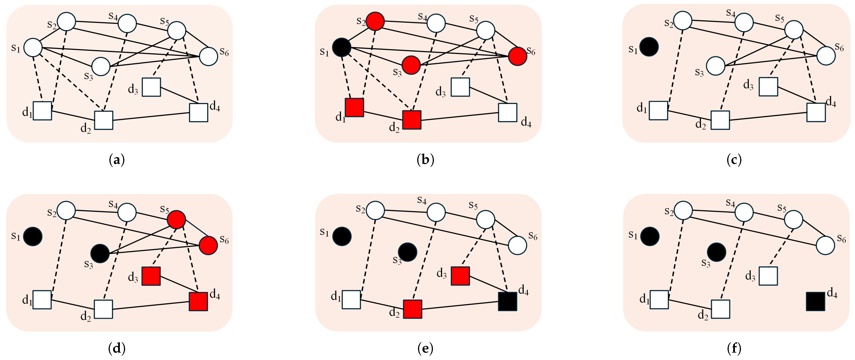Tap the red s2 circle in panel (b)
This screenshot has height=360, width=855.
pos(375,21)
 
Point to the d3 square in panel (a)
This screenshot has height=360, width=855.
pos(151,87)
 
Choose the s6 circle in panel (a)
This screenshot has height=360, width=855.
pos(209,56)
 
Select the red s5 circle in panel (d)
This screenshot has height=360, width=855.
pos(176,219)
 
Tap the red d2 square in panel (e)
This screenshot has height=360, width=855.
pos(413,309)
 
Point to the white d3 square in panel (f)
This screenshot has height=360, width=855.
pos(768,276)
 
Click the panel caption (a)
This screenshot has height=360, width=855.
pos(117,160)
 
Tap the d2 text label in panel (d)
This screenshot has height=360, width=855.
pos(86,317)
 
